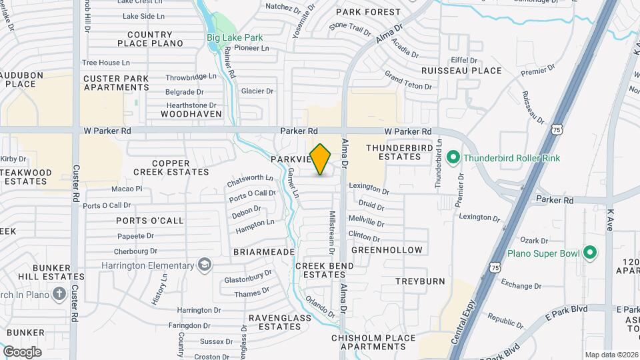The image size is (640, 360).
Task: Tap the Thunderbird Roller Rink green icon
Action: pyautogui.click(x=454, y=158)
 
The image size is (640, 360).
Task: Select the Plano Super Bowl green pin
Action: pyautogui.click(x=589, y=253)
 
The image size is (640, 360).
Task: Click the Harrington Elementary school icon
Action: pyautogui.click(x=205, y=265)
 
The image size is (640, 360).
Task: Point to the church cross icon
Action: pyautogui.click(x=59, y=293)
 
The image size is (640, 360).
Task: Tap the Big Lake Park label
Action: pyautogui.click(x=235, y=37)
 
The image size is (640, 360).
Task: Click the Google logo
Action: pyautogui.click(x=22, y=351)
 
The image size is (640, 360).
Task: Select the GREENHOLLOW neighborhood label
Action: pyautogui.click(x=387, y=250)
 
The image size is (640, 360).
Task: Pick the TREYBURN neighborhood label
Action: pyautogui.click(x=420, y=281)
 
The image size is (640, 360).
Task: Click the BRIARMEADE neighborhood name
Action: pyautogui.click(x=263, y=252)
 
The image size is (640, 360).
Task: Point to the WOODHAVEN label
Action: pyautogui.click(x=181, y=114)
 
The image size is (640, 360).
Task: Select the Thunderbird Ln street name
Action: pyautogui.click(x=439, y=164)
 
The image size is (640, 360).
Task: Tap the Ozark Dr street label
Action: pyautogui.click(x=534, y=241)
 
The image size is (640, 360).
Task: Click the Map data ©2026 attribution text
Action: pyautogui.click(x=611, y=355)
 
